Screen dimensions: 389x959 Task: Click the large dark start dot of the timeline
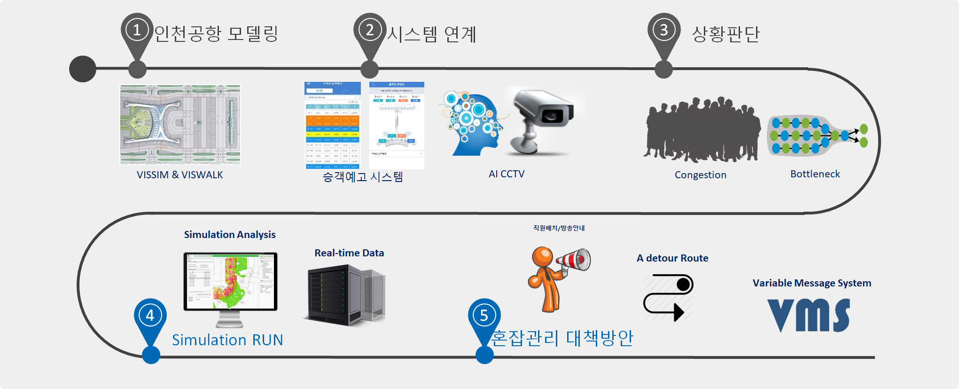pyautogui.click(x=83, y=69)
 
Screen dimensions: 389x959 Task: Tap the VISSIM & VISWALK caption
pyautogui.click(x=179, y=175)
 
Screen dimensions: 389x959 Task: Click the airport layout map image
pyautogui.click(x=180, y=125)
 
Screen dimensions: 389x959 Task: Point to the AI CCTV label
pyautogui.click(x=506, y=174)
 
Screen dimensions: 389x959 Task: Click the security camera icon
pyautogui.click(x=543, y=120)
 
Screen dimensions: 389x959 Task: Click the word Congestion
pyautogui.click(x=700, y=175)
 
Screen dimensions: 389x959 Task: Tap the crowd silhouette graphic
pyautogui.click(x=702, y=129)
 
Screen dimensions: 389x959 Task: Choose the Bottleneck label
pyautogui.click(x=815, y=174)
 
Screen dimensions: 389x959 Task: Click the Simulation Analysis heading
pyautogui.click(x=229, y=235)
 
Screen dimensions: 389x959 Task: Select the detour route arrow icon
pyautogui.click(x=668, y=298)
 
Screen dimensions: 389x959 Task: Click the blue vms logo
pyautogui.click(x=808, y=315)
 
